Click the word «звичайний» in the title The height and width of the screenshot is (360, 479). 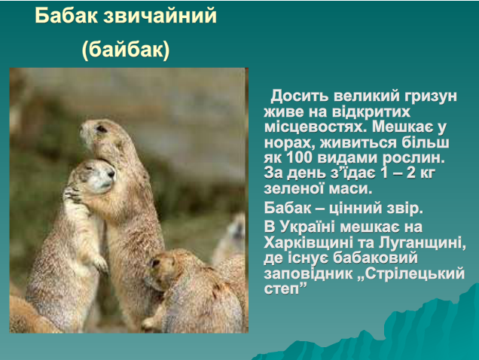[x=160, y=17]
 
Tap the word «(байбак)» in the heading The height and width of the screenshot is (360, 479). [x=126, y=50]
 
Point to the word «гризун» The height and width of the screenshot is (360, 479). [x=431, y=96]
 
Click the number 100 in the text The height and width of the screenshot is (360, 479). [x=300, y=157]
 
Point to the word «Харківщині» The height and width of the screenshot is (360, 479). [x=308, y=243]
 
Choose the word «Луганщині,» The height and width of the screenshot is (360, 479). [x=423, y=243]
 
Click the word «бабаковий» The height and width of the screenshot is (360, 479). [x=375, y=258]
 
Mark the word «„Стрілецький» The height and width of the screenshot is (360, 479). [x=411, y=273]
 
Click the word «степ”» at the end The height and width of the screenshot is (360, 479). [x=285, y=289]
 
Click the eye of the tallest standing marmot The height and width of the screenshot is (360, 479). [x=101, y=129]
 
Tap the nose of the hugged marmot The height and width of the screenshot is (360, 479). [x=111, y=175]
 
